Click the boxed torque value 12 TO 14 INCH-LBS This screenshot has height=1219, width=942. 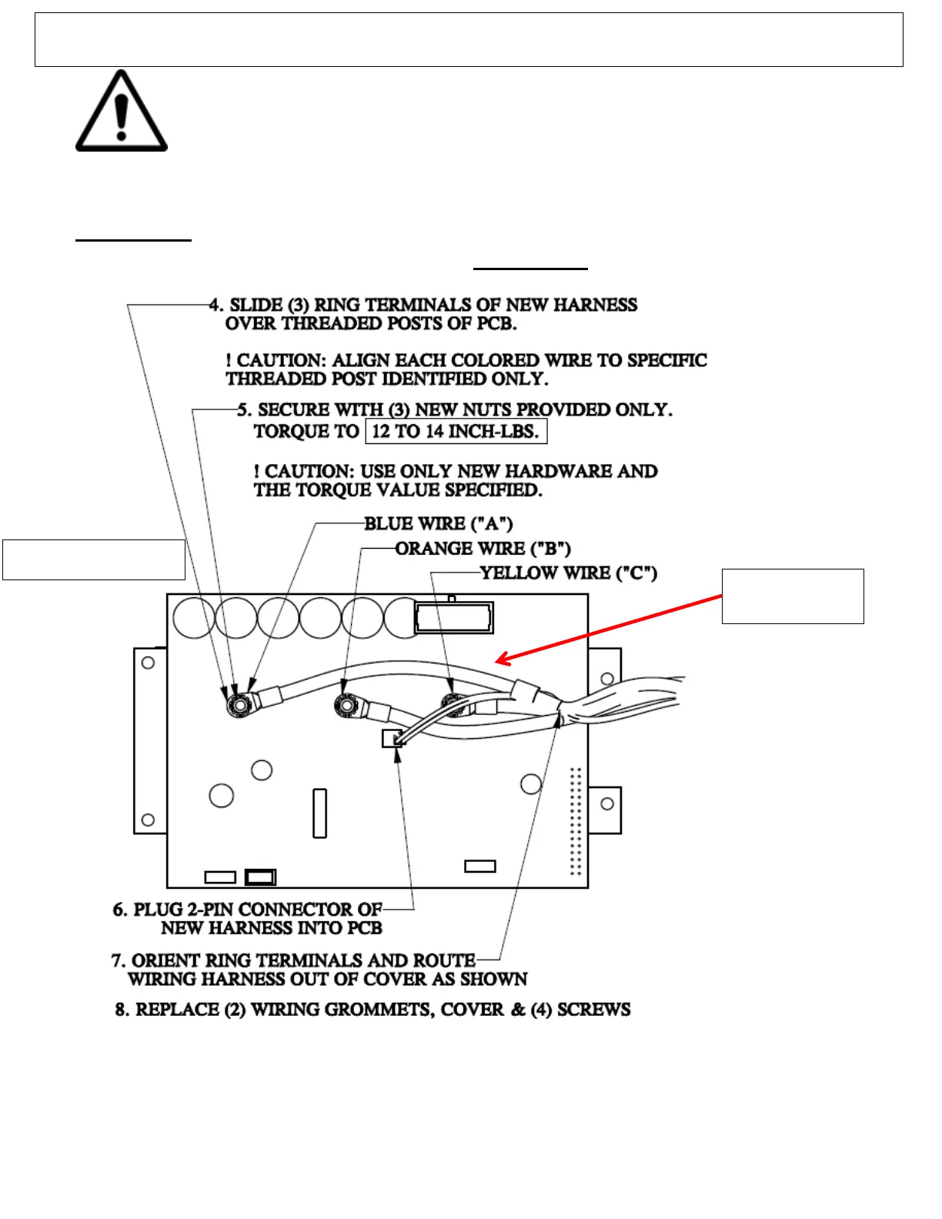coord(456,431)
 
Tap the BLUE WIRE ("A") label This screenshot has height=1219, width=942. coord(438,524)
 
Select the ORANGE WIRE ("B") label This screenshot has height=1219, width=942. coord(483,549)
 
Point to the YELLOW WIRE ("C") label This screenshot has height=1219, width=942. coord(568,573)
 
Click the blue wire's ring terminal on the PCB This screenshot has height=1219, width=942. coord(239,703)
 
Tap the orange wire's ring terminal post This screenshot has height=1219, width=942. coord(347,703)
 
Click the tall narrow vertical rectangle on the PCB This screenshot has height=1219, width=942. coord(320,813)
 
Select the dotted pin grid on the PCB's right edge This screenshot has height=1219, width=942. coord(575,821)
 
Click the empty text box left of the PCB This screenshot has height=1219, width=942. coord(94,559)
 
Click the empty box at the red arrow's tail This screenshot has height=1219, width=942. coord(793,596)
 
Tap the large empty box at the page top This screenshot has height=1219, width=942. coord(468,40)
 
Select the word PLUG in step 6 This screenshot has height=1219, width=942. coord(159,910)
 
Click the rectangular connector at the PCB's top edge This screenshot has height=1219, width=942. coord(453,618)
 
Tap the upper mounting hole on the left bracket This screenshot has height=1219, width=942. coord(149,663)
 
